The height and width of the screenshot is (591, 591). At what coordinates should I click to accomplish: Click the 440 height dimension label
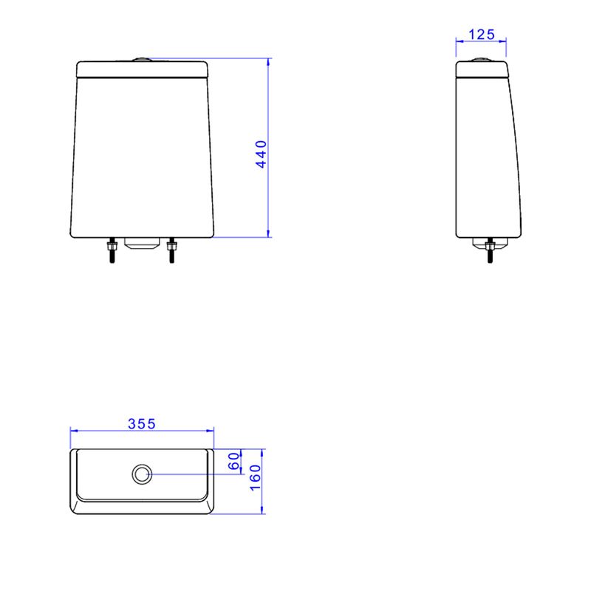[x=261, y=154]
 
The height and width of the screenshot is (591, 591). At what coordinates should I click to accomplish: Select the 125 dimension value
[x=482, y=35]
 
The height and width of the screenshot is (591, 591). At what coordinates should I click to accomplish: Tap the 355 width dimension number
[x=142, y=424]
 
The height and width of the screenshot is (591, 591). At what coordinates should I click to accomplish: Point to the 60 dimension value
[x=234, y=461]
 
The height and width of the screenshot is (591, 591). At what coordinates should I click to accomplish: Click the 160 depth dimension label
[x=255, y=477]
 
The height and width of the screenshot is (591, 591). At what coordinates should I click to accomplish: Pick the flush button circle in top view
[x=142, y=474]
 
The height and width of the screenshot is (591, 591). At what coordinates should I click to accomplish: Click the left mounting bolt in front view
[x=112, y=250]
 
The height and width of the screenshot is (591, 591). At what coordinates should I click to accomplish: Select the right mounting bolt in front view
[x=171, y=250]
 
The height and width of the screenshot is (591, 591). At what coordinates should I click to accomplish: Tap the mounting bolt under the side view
[x=490, y=250]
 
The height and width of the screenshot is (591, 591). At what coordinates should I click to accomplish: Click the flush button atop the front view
[x=142, y=59]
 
